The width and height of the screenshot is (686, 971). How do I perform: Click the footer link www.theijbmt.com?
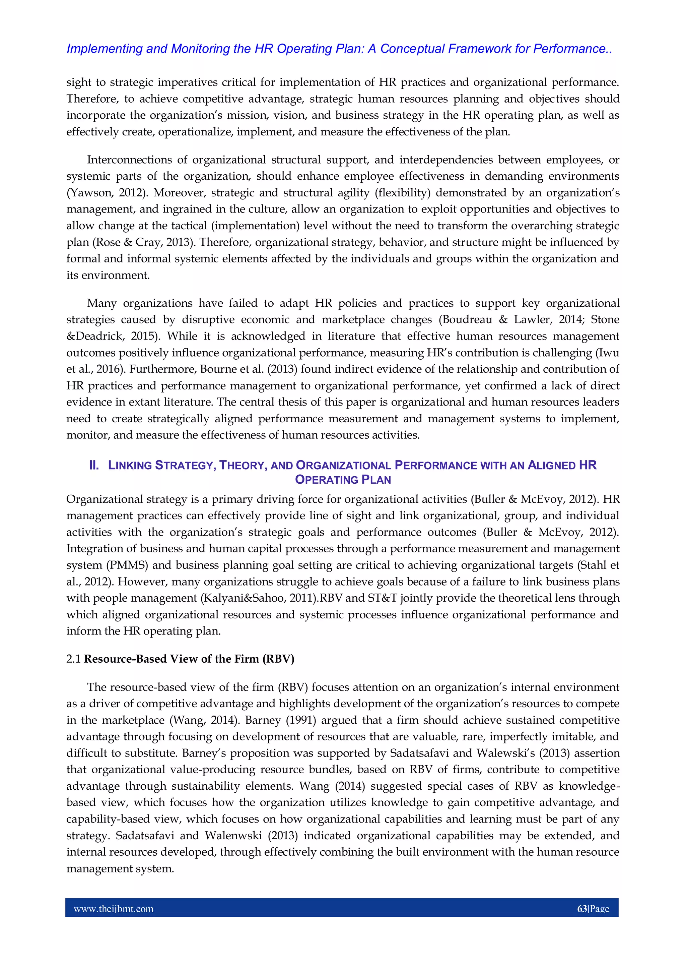113,909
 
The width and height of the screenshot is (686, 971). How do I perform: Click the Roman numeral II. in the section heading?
94,465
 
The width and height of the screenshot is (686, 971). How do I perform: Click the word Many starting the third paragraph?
101,303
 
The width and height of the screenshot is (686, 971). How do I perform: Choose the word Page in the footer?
600,909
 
